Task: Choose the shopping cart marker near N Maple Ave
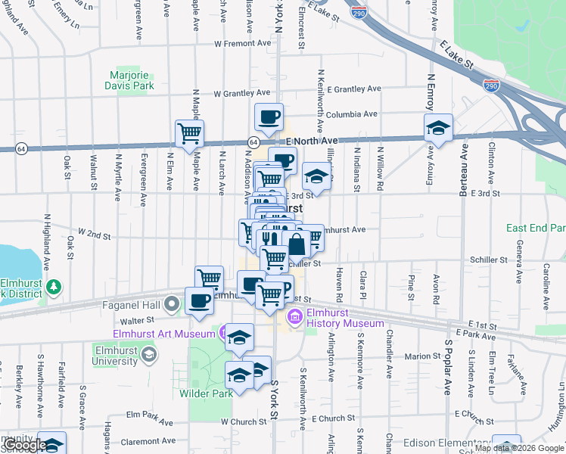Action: (189, 134)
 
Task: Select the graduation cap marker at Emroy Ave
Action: (437, 128)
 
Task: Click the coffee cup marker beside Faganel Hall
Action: (200, 300)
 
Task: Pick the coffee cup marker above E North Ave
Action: (269, 117)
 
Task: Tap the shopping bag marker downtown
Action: (297, 244)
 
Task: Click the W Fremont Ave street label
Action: (242, 44)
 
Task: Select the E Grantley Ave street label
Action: (352, 89)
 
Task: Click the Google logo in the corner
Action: (25, 445)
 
